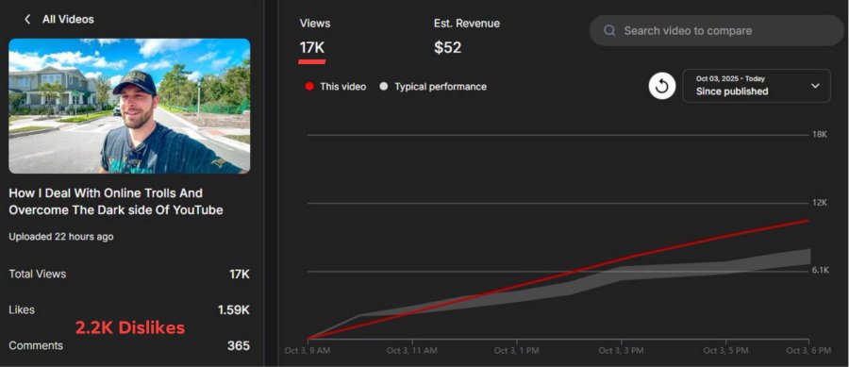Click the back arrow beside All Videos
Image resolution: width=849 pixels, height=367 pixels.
27,20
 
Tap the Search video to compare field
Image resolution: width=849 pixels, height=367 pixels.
716,30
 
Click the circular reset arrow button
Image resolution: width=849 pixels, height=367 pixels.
662,86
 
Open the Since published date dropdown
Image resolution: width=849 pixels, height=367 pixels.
757,86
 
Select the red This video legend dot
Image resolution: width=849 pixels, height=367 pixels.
309,87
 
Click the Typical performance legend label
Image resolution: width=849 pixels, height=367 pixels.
441,87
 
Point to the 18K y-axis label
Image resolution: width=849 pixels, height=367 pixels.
819,135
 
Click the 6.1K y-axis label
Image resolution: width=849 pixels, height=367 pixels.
821,270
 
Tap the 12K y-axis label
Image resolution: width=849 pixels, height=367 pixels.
819,203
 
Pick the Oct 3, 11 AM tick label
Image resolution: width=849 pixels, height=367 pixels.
411,351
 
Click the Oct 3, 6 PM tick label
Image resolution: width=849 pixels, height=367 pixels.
808,351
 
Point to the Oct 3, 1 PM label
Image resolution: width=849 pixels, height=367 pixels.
517,351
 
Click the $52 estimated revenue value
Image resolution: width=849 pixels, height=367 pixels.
448,47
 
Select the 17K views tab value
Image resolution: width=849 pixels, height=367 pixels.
312,47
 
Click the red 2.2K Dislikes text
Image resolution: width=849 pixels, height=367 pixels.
130,327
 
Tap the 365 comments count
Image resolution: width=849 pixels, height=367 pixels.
239,345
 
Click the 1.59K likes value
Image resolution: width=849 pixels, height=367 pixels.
234,310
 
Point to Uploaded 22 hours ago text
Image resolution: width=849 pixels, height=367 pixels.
61,237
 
